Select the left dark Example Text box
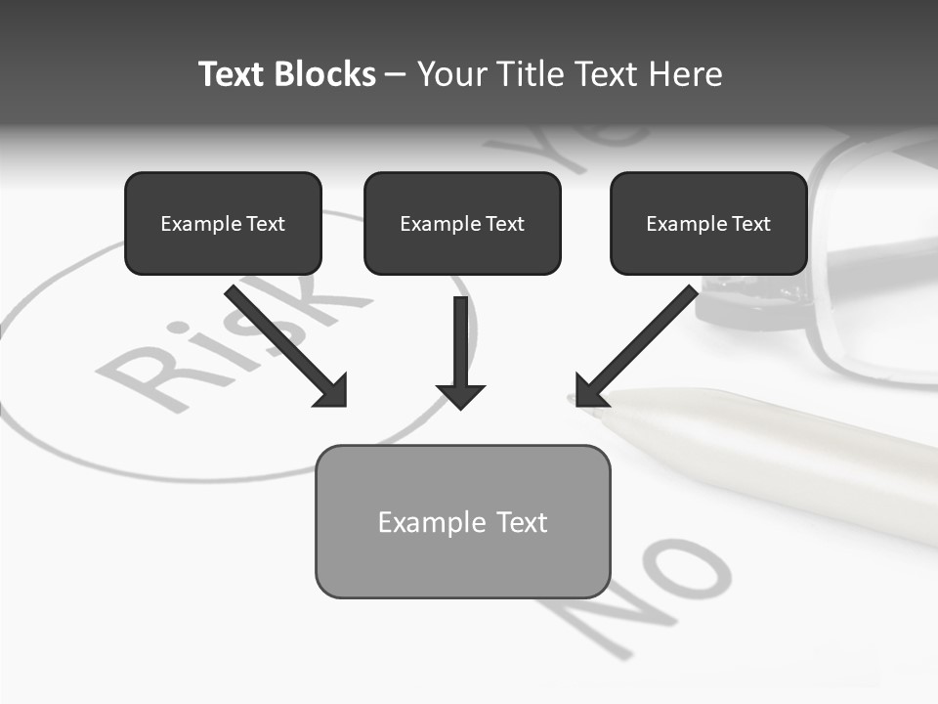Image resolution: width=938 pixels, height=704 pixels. pos(223,224)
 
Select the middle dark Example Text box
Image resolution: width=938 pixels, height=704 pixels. pos(462,224)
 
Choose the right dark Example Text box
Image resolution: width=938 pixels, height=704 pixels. pos(708,224)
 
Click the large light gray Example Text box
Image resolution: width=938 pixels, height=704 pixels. pos(462,522)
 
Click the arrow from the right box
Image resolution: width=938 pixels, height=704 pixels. pos(640,342)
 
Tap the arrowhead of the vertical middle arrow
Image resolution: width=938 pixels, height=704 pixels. pos(460,395)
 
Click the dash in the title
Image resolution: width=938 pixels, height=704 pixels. pos(396,74)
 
